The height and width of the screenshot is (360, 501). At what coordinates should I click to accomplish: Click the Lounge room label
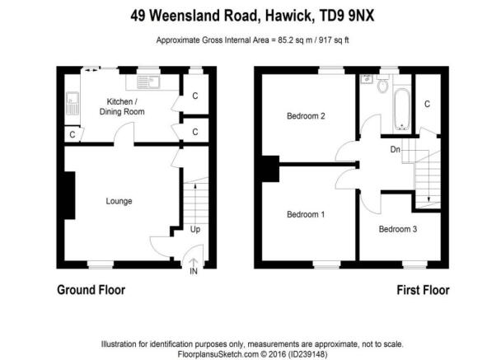pyautogui.click(x=119, y=201)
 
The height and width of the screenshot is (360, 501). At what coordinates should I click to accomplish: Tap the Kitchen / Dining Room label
pyautogui.click(x=122, y=107)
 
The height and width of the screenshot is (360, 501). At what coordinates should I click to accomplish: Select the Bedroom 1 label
pyautogui.click(x=306, y=214)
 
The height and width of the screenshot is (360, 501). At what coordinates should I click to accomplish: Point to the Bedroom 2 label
pyautogui.click(x=306, y=116)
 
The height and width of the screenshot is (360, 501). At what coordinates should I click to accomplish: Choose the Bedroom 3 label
pyautogui.click(x=398, y=229)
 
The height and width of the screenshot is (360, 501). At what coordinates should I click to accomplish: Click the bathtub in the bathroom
pyautogui.click(x=401, y=110)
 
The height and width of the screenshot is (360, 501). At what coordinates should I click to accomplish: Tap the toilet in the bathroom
pyautogui.click(x=382, y=84)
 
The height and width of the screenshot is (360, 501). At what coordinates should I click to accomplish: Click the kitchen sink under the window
pyautogui.click(x=148, y=82)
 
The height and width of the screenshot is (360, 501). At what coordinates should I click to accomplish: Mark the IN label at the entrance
pyautogui.click(x=194, y=271)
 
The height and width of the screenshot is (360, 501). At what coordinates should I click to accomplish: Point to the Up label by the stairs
pyautogui.click(x=195, y=229)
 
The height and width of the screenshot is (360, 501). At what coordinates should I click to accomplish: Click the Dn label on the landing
pyautogui.click(x=396, y=149)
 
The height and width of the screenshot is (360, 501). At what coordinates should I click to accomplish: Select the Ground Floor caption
pyautogui.click(x=91, y=290)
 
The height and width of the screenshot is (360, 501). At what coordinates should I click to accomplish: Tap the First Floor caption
pyautogui.click(x=423, y=290)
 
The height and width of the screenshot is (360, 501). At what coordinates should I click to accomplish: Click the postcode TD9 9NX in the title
pyautogui.click(x=347, y=16)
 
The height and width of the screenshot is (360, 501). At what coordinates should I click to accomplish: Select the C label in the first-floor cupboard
pyautogui.click(x=427, y=104)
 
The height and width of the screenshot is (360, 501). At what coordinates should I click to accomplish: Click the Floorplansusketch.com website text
pyautogui.click(x=218, y=354)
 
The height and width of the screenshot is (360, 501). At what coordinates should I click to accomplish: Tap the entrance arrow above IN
pyautogui.click(x=194, y=262)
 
